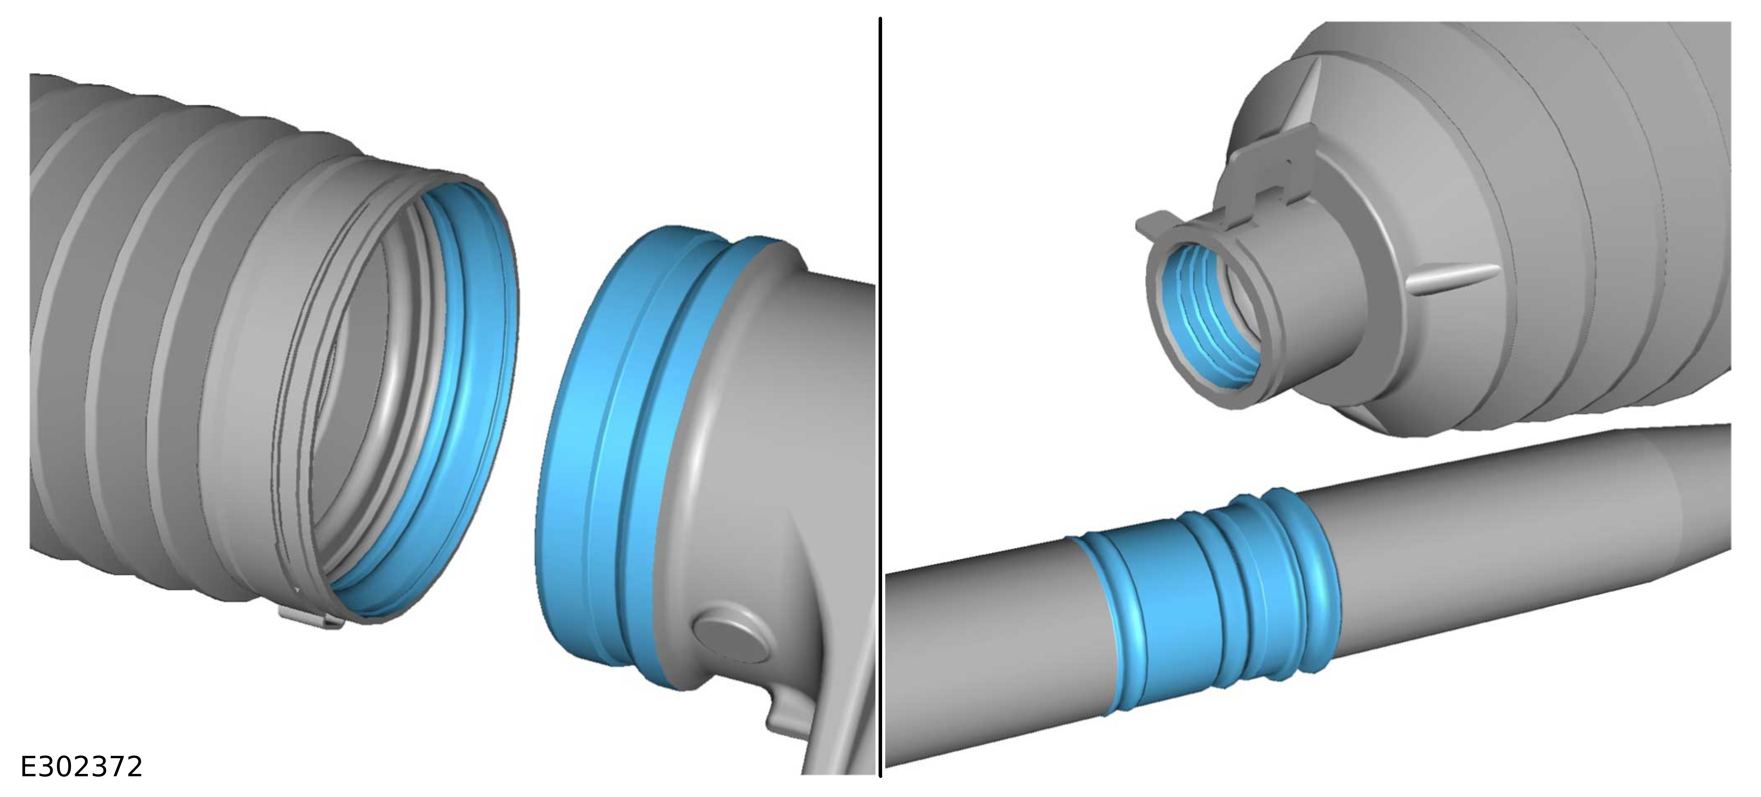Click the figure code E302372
click(x=81, y=767)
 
